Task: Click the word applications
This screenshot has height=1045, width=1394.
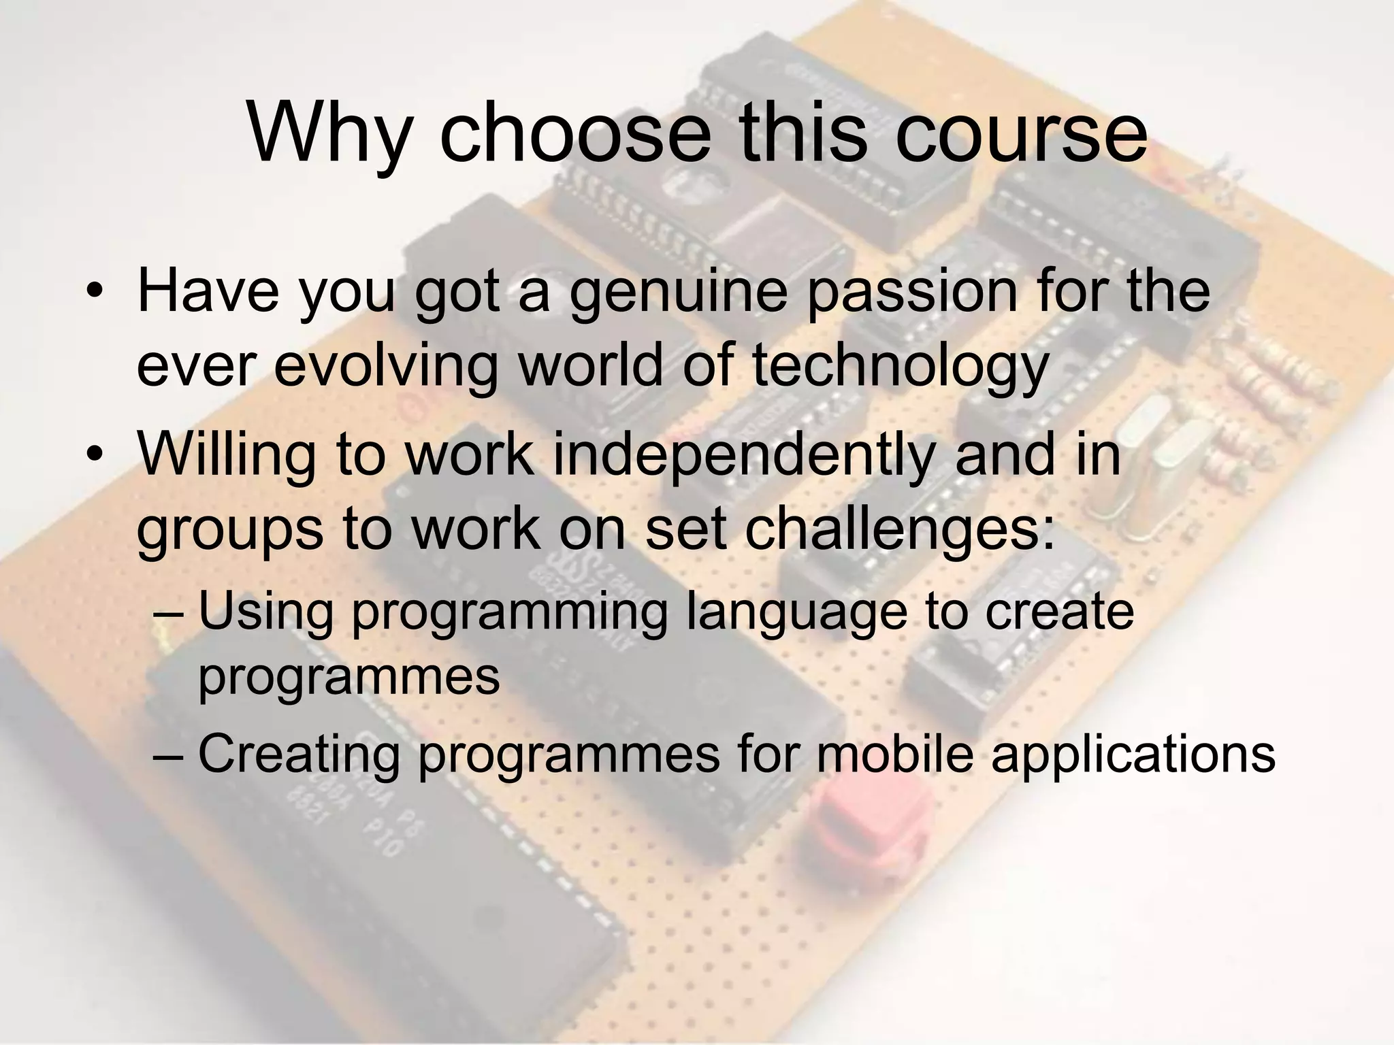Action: click(x=1133, y=756)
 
